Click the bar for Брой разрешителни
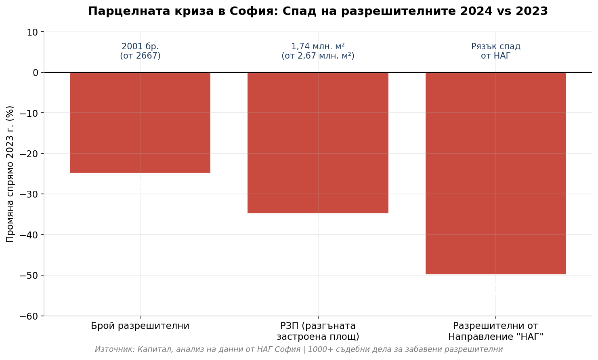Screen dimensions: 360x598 (x=140, y=123)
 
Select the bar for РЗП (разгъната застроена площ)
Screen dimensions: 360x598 (x=318, y=143)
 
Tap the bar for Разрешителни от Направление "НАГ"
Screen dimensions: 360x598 (x=495, y=173)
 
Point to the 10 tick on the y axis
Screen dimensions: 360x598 (x=33, y=32)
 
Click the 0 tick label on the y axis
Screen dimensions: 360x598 (x=36, y=73)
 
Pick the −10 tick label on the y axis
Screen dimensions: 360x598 (x=30, y=113)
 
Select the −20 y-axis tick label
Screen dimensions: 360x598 (x=30, y=154)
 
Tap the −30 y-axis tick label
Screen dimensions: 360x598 (x=30, y=194)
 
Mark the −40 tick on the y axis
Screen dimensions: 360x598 (x=30, y=235)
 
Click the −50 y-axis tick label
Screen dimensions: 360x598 (x=30, y=276)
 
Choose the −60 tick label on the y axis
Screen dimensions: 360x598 (x=30, y=316)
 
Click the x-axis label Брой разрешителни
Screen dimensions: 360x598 (x=140, y=326)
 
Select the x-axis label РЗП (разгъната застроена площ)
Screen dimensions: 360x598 (x=318, y=331)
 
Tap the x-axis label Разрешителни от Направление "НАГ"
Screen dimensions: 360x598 (x=495, y=331)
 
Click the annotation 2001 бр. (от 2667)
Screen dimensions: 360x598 (x=140, y=51)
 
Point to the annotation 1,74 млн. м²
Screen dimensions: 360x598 (x=318, y=46)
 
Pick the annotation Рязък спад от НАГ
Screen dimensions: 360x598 (x=495, y=51)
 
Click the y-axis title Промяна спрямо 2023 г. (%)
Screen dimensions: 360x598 (x=10, y=174)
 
